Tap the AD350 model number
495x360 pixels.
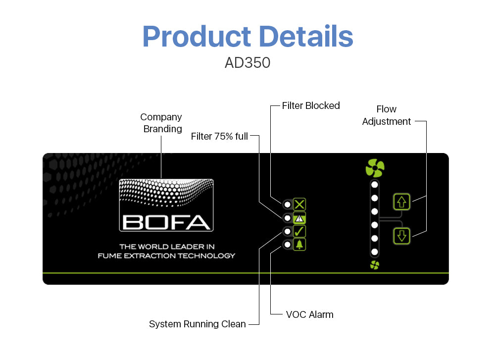[x=247, y=62]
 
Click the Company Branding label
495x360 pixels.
[x=161, y=123]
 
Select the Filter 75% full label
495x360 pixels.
[x=219, y=136]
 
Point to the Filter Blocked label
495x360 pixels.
[x=311, y=105]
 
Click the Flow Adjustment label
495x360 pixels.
[x=387, y=115]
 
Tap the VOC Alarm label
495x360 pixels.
[x=310, y=314]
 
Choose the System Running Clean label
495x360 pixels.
[x=198, y=324]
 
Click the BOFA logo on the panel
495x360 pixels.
[x=166, y=206]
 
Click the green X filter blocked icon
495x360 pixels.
[x=299, y=205]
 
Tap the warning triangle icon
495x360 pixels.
[x=299, y=218]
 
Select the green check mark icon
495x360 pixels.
[x=299, y=231]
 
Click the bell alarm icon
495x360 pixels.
[x=299, y=245]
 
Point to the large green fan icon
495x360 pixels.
[x=375, y=168]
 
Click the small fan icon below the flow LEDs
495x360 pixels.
[x=375, y=265]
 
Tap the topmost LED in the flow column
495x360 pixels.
[x=375, y=185]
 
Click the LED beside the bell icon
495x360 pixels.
[x=287, y=245]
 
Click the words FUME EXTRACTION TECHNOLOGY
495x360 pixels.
[x=166, y=256]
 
